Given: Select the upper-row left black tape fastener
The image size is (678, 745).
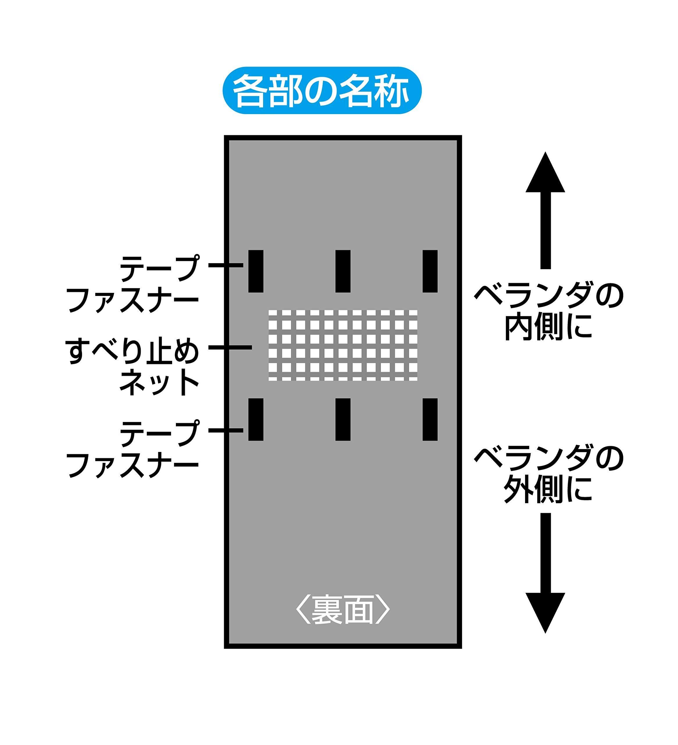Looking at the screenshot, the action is (256, 271).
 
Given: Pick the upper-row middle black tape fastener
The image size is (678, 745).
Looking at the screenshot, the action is (343, 271).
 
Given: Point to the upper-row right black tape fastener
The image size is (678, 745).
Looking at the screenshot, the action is (430, 271).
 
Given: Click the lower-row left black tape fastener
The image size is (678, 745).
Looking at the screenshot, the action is (256, 419).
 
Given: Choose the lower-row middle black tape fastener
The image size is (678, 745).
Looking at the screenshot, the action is (343, 419).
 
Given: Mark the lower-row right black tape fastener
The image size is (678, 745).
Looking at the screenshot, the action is (430, 419).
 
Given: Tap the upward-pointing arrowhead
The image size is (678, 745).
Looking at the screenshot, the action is (545, 174).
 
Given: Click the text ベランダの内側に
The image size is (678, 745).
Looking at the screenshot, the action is (549, 311).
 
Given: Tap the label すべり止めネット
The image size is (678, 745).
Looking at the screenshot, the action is (133, 366).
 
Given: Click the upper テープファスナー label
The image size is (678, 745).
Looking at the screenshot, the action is (133, 285).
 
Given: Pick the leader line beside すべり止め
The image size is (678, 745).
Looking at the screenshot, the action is (230, 347).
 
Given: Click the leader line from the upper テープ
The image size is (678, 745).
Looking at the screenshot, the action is (226, 265).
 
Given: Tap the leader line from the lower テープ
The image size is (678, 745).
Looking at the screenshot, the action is (226, 430).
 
